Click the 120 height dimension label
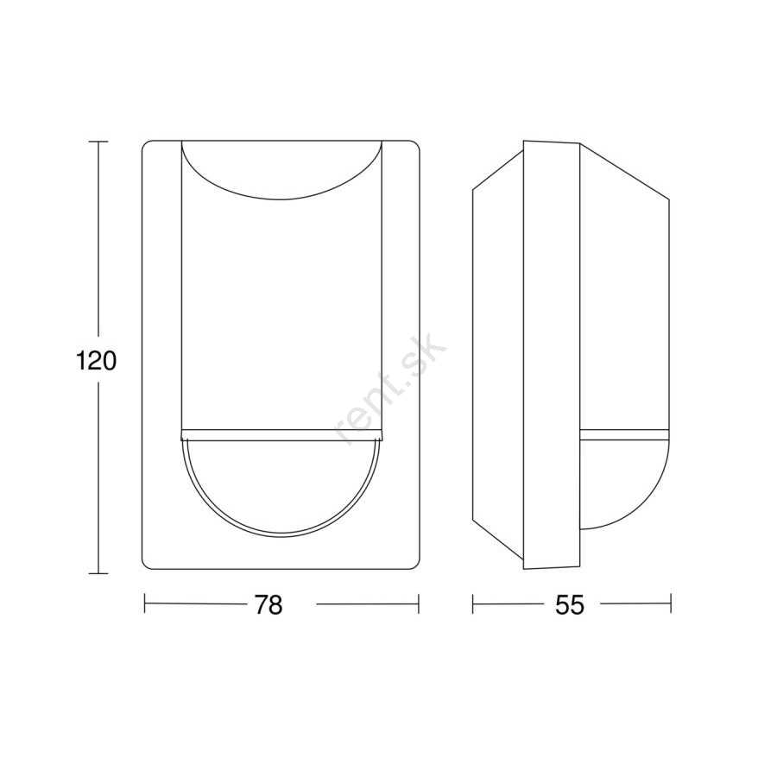[x=96, y=361]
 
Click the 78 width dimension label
[x=268, y=604]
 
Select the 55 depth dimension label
[x=570, y=604]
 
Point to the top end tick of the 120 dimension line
[x=98, y=142]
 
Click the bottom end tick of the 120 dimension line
[x=98, y=574]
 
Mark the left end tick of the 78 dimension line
[x=145, y=603]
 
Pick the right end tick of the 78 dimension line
[x=419, y=603]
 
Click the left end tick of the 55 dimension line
[x=473, y=603]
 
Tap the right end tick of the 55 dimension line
[x=671, y=603]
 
